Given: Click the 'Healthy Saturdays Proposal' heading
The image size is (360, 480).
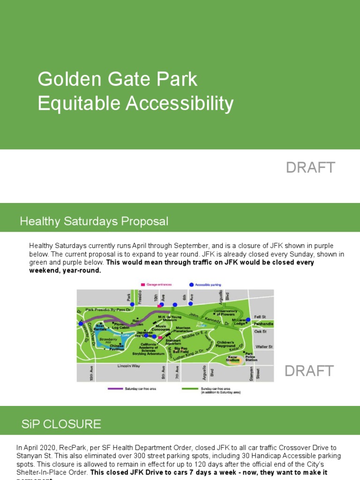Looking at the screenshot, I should click(94, 221).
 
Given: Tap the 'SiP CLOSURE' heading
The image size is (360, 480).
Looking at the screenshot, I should click(61, 425).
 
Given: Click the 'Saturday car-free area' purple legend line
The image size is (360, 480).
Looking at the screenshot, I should click(115, 389).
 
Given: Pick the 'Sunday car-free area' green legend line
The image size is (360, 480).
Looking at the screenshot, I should click(189, 389).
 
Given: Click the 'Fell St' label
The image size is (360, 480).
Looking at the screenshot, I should click(260, 317).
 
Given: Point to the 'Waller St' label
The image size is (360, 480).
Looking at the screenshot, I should click(263, 347).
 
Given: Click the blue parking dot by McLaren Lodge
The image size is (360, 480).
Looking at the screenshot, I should click(248, 320).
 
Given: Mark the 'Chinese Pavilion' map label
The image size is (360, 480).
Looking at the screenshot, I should click(117, 347).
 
